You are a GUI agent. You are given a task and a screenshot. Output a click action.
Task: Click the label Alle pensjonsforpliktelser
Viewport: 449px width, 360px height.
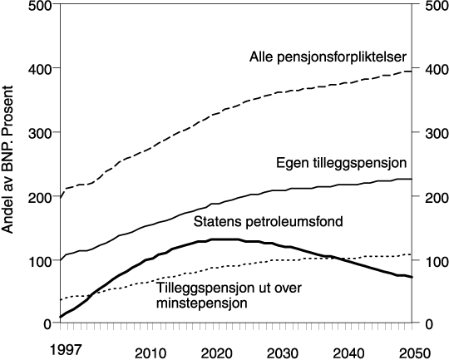pos(327,57)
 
